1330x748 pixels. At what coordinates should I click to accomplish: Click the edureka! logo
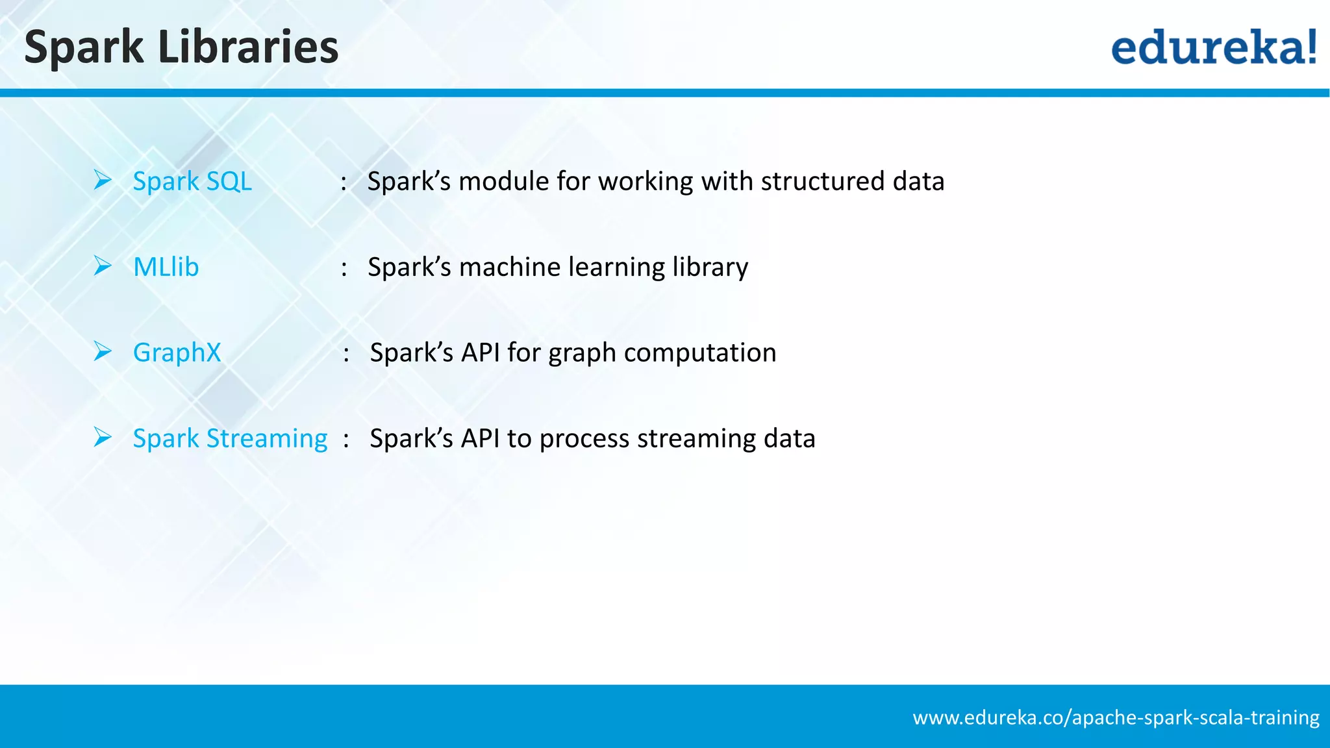[1213, 47]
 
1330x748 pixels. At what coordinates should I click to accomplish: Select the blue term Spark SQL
[192, 181]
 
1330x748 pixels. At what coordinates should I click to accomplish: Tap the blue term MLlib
[166, 267]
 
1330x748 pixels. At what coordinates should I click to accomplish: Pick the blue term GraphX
[177, 353]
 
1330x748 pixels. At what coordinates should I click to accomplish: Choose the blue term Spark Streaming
[230, 438]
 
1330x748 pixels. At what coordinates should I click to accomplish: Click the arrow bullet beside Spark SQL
[103, 180]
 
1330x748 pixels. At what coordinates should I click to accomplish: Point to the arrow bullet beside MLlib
[103, 266]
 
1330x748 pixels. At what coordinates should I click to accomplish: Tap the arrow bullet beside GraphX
[103, 351]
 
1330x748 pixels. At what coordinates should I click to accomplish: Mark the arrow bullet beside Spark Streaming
[103, 437]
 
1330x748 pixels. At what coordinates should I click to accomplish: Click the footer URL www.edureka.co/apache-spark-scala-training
[1116, 717]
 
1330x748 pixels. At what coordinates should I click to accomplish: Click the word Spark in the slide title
[84, 48]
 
